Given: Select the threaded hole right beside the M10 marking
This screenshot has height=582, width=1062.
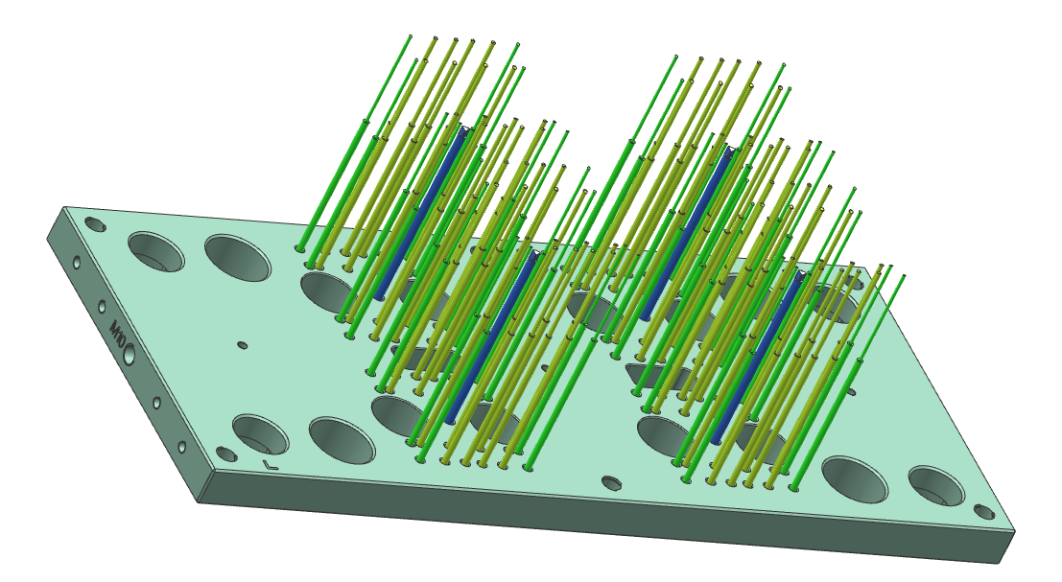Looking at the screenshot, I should point(130,356).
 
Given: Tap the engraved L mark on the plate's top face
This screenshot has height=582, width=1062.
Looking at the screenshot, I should point(270,465).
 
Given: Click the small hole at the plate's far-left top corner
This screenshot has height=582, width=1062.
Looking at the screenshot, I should point(95,223).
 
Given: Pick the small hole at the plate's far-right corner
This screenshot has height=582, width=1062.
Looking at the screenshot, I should point(984,512).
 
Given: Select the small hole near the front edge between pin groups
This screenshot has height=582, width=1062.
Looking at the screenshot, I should point(611,482).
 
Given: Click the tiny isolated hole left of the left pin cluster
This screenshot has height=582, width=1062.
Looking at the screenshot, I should point(242,344).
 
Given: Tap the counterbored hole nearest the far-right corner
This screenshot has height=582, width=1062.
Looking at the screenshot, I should point(936,486).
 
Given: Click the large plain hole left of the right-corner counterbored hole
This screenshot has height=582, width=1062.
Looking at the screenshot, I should point(855,478).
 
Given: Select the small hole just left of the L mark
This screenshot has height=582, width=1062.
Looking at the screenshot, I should point(226,454).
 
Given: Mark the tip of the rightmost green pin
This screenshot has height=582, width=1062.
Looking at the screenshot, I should point(904,276).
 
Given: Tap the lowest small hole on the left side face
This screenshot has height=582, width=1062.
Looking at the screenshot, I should point(181,447).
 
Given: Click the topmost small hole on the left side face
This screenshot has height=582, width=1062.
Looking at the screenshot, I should point(77,261).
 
